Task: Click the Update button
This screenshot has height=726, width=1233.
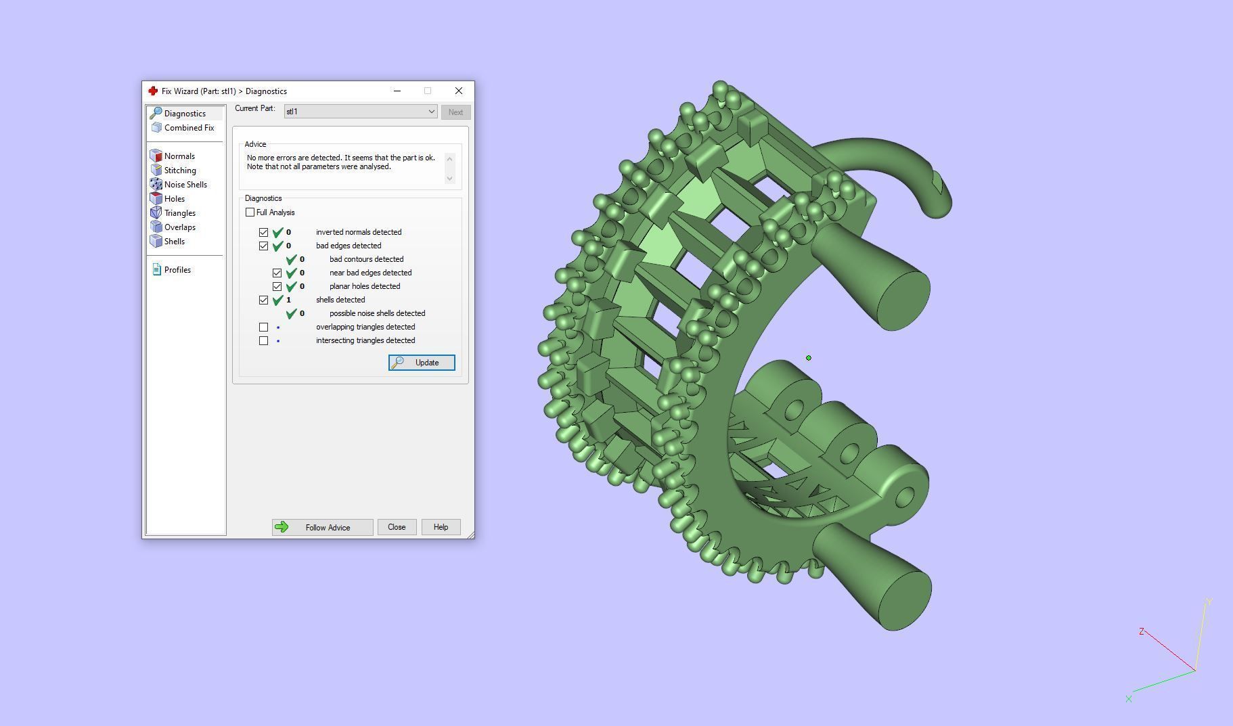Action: [x=422, y=363]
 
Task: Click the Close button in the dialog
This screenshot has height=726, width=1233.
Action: [x=397, y=527]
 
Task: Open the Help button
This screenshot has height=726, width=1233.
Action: [x=441, y=527]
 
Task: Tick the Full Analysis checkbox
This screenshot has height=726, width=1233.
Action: [x=250, y=212]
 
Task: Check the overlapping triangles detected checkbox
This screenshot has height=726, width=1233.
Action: [x=264, y=327]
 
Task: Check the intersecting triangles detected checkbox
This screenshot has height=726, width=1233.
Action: [x=264, y=340]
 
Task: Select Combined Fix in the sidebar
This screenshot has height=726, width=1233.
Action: [x=188, y=128]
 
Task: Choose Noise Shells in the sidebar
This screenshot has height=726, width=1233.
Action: [x=185, y=185]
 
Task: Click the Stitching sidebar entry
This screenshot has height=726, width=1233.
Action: [x=179, y=171]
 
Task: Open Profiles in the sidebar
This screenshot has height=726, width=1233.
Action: [x=177, y=270]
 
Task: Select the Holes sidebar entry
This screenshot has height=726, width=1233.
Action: [x=174, y=199]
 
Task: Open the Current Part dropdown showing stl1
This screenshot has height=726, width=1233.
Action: [x=360, y=112]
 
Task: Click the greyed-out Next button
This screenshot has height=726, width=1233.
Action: [x=455, y=112]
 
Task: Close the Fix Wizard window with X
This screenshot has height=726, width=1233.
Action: [x=459, y=91]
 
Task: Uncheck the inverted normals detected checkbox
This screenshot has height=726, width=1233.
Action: [x=264, y=232]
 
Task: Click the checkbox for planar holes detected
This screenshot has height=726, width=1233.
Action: [x=277, y=286]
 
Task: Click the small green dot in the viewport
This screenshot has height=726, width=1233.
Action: [x=808, y=358]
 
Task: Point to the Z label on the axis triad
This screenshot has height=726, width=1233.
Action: [x=1141, y=631]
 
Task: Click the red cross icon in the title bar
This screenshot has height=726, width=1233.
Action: [x=153, y=91]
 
